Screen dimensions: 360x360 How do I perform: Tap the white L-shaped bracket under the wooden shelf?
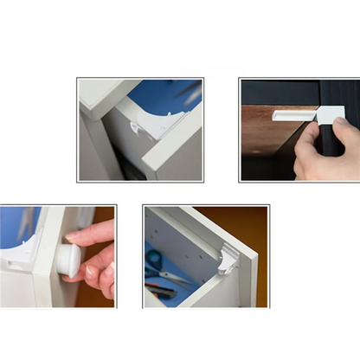pos(299,113)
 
